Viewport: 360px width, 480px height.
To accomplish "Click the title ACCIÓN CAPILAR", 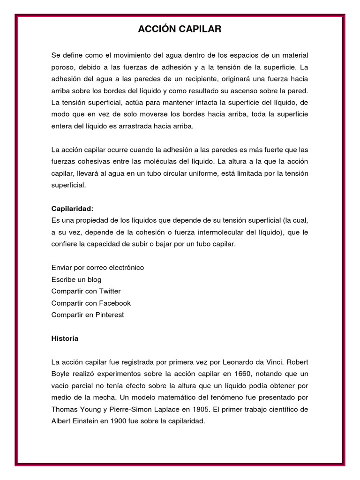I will [x=180, y=30].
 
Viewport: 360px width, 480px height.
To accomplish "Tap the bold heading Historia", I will [x=65, y=338].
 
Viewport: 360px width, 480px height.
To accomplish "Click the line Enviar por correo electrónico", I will [x=97, y=268].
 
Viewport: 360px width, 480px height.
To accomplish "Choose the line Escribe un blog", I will [x=76, y=279].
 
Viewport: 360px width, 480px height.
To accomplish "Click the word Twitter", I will [x=110, y=291].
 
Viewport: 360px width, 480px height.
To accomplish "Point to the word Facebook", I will [x=115, y=303].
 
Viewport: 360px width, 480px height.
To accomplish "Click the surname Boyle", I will [x=61, y=374].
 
